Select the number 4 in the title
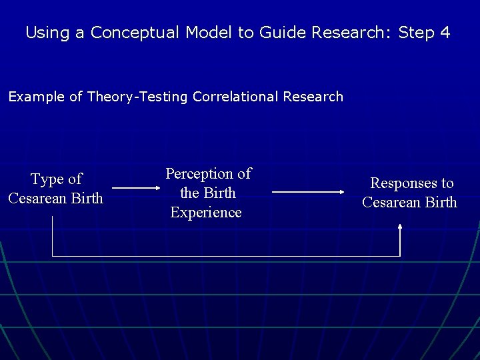click(x=445, y=32)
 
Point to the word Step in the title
click(x=416, y=32)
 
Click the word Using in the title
click(x=47, y=32)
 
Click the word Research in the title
click(x=355, y=32)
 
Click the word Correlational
click(x=235, y=97)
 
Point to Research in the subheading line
click(x=313, y=97)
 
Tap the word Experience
click(x=206, y=213)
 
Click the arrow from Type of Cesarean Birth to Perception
click(x=133, y=188)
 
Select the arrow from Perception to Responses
click(x=308, y=192)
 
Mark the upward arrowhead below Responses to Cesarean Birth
click(x=400, y=227)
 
